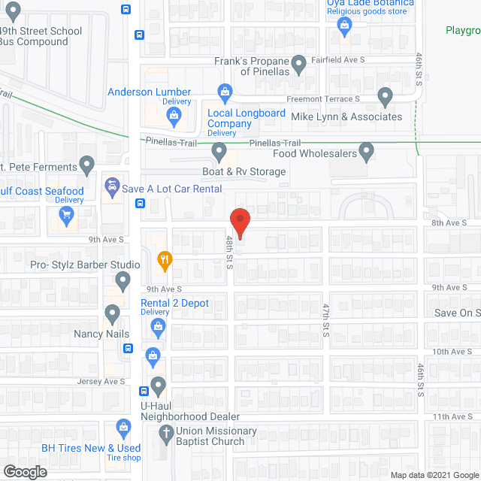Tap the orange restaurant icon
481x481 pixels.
pos(165,260)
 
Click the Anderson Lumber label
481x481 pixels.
pos(149,92)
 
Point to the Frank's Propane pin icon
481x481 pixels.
pos(299,65)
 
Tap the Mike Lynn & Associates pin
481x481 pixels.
pos(385,96)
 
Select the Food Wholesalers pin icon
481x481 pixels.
pos(366,152)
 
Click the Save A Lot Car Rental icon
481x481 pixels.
pos(113,185)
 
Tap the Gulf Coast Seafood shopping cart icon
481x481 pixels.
pos(67,215)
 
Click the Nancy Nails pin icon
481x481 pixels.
pos(113,313)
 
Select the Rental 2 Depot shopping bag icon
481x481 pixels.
pos(158,325)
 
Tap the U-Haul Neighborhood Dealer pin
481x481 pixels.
pos(158,386)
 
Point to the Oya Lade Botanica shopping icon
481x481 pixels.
pos(345,27)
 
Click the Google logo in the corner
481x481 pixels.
pos(24,471)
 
